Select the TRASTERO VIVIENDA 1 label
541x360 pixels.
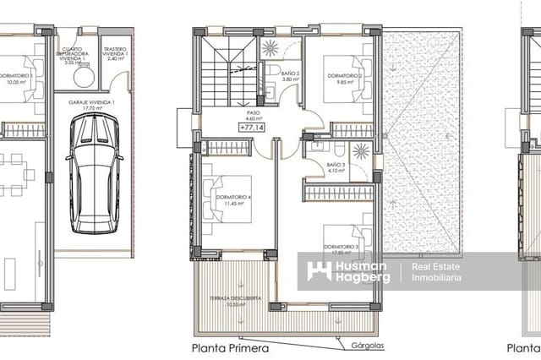(116, 53)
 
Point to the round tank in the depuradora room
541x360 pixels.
(84, 76)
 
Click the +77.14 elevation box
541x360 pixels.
(252, 127)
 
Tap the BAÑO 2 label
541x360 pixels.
(289, 77)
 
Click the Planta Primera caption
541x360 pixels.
(230, 347)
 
